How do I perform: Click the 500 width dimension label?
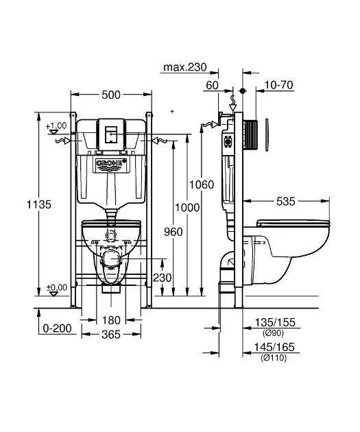tap(111, 95)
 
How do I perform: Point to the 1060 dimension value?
tap(202, 184)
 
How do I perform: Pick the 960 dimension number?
tap(173, 232)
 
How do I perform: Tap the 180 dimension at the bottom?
tap(111, 320)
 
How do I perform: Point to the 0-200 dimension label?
tap(55, 329)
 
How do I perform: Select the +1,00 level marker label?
tap(56, 126)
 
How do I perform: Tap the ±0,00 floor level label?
tap(56, 287)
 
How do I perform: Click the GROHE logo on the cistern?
tap(111, 165)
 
